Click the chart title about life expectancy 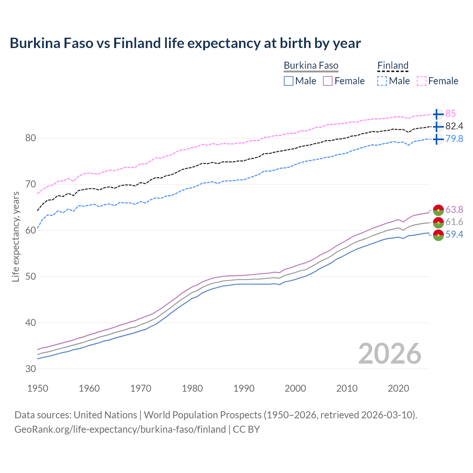(185, 43)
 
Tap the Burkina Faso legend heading (311, 66)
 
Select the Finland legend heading (393, 66)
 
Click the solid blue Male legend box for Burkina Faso (289, 81)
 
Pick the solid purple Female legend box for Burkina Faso (328, 81)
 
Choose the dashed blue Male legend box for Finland (382, 81)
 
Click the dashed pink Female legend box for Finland (422, 81)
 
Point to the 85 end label (450, 114)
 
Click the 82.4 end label (454, 126)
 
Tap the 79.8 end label (454, 139)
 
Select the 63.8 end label (454, 210)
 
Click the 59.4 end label (454, 235)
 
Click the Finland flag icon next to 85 (438, 114)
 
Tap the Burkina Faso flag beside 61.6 (438, 222)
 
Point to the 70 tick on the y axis (30, 184)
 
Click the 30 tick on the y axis (30, 369)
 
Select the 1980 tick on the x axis (192, 388)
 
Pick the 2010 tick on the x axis (347, 388)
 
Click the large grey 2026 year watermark (389, 354)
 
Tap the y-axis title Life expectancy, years (16, 236)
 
